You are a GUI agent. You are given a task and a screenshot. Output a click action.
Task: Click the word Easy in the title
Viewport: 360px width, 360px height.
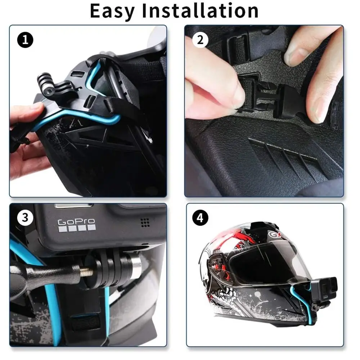pyautogui.click(x=112, y=11)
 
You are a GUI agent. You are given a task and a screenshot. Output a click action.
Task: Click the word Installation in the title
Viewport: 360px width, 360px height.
pyautogui.click(x=200, y=11)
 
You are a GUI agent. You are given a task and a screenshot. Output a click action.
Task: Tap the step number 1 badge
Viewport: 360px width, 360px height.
pyautogui.click(x=25, y=40)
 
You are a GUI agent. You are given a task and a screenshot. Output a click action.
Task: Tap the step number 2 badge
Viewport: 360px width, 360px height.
pyautogui.click(x=200, y=40)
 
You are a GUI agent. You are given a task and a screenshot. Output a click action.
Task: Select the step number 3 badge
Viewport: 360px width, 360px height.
pyautogui.click(x=25, y=217)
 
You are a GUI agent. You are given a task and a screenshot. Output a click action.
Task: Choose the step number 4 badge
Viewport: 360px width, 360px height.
pyautogui.click(x=200, y=217)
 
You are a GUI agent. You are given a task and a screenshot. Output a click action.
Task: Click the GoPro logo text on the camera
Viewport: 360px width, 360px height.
pyautogui.click(x=76, y=222)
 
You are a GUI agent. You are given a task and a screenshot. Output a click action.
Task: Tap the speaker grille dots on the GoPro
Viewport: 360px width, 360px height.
pyautogui.click(x=145, y=222)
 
